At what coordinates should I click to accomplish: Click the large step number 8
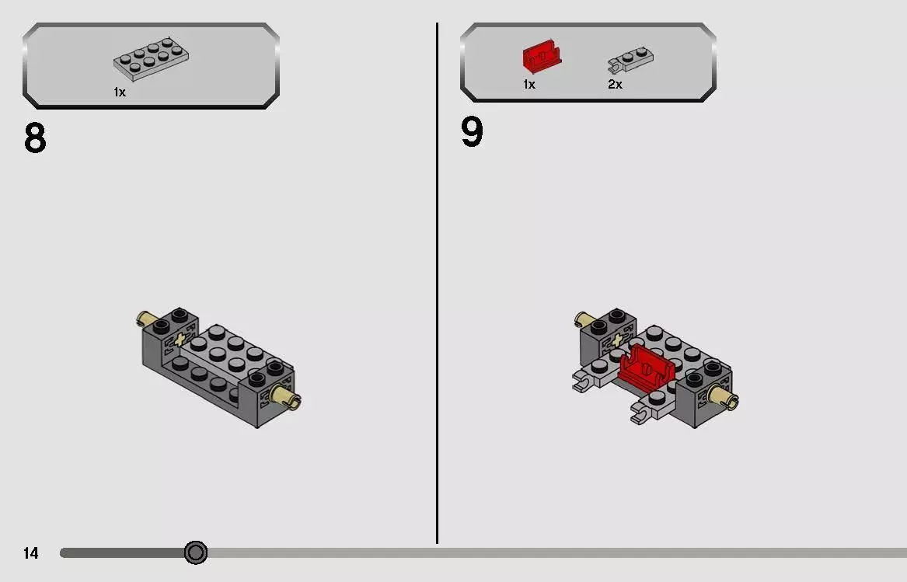click(35, 138)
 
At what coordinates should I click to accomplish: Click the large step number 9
click(472, 132)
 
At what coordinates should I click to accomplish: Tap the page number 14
click(30, 553)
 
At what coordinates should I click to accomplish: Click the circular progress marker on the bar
click(196, 552)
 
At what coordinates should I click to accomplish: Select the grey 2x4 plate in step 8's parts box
click(152, 59)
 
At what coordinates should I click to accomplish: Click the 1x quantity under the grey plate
click(120, 92)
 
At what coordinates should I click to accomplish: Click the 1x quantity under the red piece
click(529, 85)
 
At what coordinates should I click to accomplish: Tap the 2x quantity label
click(615, 85)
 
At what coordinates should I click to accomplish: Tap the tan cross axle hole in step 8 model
click(181, 340)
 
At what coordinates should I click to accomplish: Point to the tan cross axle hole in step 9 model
click(619, 340)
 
